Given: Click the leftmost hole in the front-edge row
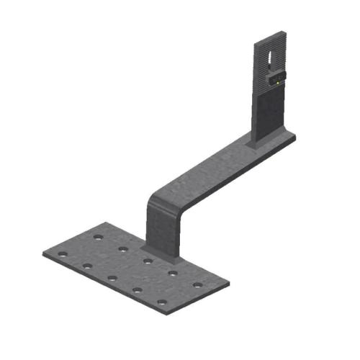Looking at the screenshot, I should point(63,254).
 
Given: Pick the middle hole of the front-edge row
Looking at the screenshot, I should point(112,278).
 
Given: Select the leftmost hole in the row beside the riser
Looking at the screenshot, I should point(99,237).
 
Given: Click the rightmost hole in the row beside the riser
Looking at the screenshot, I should point(197,285).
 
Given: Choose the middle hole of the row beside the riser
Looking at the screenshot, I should point(148,261).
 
